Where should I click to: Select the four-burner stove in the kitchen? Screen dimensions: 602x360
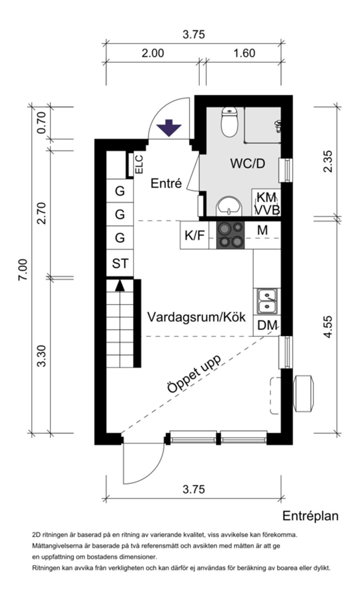click(231, 235)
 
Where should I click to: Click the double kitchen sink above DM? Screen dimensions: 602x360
click(267, 301)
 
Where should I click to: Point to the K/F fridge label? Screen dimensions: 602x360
click(194, 236)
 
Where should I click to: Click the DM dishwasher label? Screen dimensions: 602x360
click(267, 326)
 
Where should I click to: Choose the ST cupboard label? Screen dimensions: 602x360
click(120, 264)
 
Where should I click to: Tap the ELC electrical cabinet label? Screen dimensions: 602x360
click(139, 165)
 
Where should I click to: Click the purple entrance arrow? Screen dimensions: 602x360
click(169, 128)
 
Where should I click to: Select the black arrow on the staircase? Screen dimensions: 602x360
click(120, 286)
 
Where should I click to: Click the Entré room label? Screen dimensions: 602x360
click(165, 184)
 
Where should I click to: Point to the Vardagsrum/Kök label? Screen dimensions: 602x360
click(196, 317)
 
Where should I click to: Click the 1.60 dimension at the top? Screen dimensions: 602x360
click(244, 53)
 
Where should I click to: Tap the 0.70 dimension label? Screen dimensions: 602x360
click(41, 123)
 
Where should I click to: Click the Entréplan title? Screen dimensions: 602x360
click(310, 516)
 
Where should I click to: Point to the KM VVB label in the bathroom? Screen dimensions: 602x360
click(266, 203)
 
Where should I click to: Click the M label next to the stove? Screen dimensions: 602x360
click(262, 230)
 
